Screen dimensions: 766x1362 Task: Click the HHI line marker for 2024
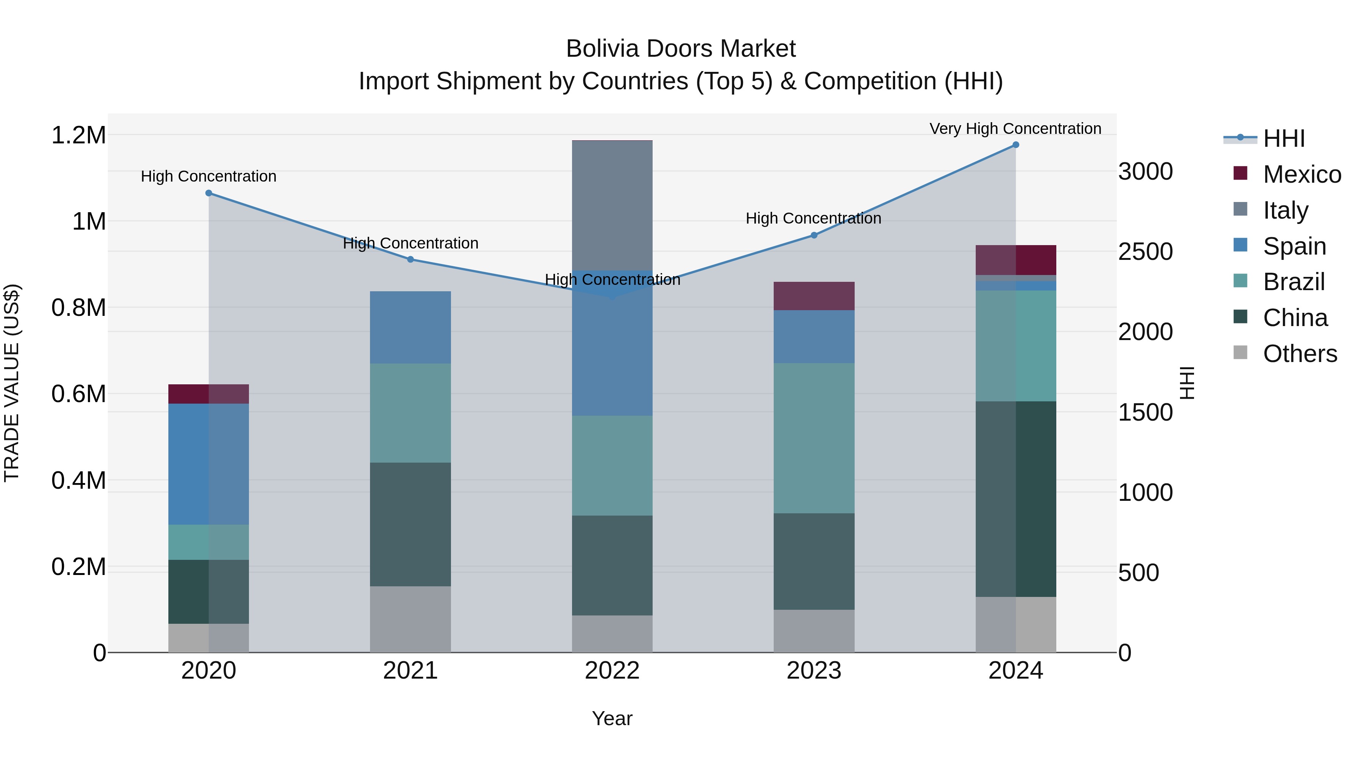(1015, 145)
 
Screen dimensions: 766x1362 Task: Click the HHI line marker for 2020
(208, 193)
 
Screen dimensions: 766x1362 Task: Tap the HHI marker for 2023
(814, 235)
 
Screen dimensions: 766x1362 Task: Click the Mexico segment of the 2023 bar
(814, 296)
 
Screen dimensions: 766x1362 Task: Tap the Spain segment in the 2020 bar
(208, 464)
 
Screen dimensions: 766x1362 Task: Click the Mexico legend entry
(1301, 174)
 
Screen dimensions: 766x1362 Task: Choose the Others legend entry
(1299, 354)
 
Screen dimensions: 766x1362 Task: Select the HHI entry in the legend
(1283, 138)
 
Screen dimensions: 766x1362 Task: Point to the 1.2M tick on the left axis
(78, 135)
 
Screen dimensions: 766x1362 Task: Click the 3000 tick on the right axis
(1145, 171)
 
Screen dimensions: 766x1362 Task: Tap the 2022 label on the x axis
(612, 671)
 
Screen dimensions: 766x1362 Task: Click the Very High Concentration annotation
(1015, 129)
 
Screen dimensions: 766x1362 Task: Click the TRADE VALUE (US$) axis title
(12, 383)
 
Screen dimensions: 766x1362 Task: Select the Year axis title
(612, 718)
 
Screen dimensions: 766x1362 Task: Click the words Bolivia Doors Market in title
(681, 49)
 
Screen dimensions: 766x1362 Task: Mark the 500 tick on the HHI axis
(1138, 573)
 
